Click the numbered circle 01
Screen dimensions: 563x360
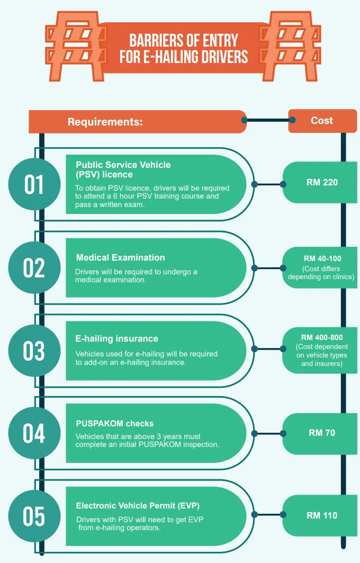34,184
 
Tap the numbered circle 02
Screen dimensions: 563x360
34,267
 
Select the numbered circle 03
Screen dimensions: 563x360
34,351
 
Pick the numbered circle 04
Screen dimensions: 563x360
34,433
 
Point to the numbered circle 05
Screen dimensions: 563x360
34,516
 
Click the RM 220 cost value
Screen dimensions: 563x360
322,183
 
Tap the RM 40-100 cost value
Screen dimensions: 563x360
322,259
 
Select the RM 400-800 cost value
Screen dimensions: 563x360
322,337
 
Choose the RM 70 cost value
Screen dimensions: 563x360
322,433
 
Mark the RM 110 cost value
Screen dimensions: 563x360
322,515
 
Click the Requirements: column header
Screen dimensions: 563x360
105,122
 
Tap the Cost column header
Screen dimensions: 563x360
322,121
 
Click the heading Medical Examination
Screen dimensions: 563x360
121,258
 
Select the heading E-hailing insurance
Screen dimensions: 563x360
117,338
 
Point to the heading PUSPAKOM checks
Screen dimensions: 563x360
115,424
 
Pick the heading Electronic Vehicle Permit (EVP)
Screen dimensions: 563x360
138,506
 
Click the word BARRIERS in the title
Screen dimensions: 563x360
157,41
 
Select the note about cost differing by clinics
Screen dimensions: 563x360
321,273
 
